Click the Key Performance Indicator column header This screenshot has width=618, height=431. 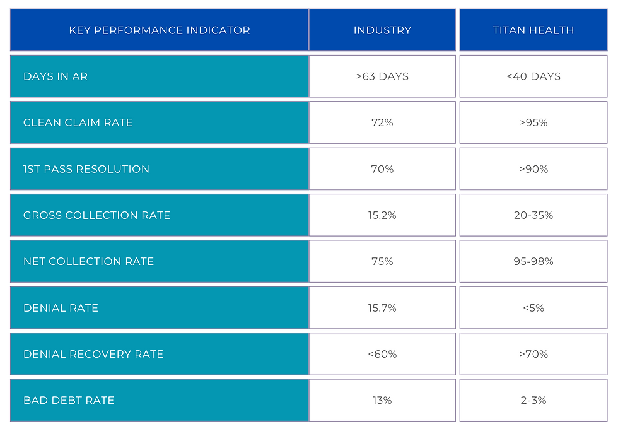click(159, 30)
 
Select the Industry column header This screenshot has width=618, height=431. click(382, 30)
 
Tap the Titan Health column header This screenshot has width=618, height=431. click(533, 30)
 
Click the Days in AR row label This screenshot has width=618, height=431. click(55, 76)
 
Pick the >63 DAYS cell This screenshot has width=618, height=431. click(382, 76)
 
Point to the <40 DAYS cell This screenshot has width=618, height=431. click(533, 76)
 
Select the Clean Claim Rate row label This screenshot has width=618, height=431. click(78, 122)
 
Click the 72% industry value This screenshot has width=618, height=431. click(382, 122)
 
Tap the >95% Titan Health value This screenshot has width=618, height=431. click(533, 122)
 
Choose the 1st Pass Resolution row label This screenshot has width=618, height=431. click(86, 169)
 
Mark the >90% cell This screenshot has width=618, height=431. click(533, 169)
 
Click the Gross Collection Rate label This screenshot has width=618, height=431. click(96, 215)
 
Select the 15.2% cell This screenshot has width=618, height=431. click(382, 215)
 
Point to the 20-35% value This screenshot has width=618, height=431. click(533, 215)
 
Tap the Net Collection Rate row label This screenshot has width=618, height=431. click(88, 261)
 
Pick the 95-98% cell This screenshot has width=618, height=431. click(533, 261)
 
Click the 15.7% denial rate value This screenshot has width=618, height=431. click(382, 308)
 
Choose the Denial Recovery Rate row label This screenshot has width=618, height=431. click(93, 354)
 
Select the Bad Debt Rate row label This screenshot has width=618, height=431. click(69, 400)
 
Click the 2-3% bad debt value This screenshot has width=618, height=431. click(533, 400)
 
